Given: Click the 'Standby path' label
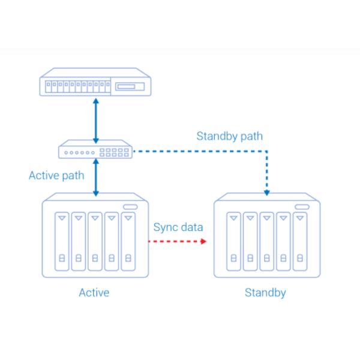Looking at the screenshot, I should tap(230, 136).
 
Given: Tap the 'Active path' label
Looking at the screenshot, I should tap(56, 176).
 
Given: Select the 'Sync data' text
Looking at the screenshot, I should tap(178, 227).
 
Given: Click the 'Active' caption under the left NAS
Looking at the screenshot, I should tap(94, 293).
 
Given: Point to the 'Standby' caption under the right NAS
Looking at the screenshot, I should tap(265, 293).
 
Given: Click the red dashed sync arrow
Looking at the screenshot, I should tap(178, 241).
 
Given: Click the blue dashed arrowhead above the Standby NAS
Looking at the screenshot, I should tap(267, 193).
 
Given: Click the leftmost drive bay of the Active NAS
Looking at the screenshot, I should tap(62, 241).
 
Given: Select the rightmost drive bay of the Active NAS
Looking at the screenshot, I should tap(128, 241).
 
